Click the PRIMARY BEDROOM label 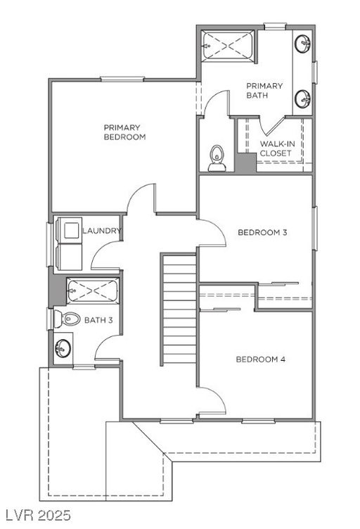[124, 132]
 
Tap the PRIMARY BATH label [264, 91]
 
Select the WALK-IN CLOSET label [276, 148]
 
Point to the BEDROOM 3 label [262, 232]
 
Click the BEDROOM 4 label [260, 359]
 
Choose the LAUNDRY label [102, 231]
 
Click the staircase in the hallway [179, 310]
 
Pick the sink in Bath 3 [63, 348]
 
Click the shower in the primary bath [229, 46]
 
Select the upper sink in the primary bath [303, 44]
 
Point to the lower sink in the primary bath [303, 98]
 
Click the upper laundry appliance [70, 229]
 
